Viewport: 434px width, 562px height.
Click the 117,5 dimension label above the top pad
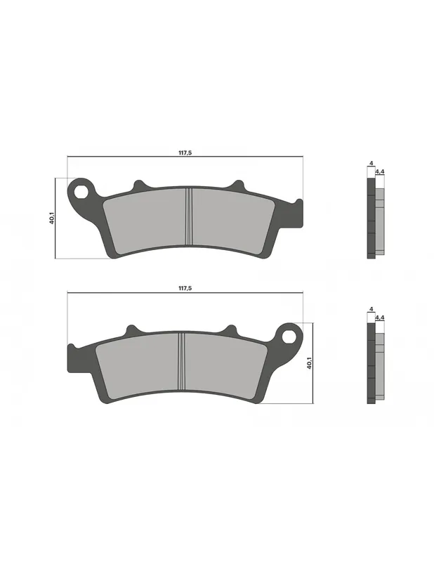click(185, 152)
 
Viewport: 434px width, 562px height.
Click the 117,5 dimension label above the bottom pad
click(185, 288)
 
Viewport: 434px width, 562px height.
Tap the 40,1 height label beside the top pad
click(52, 218)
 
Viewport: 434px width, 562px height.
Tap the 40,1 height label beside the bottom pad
click(309, 363)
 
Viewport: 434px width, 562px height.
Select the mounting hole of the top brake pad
click(81, 192)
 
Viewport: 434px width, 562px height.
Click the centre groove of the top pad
click(189, 217)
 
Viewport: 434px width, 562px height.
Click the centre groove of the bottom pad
click(182, 361)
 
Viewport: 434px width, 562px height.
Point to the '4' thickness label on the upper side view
click(371, 164)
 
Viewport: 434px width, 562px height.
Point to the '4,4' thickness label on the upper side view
click(380, 172)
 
